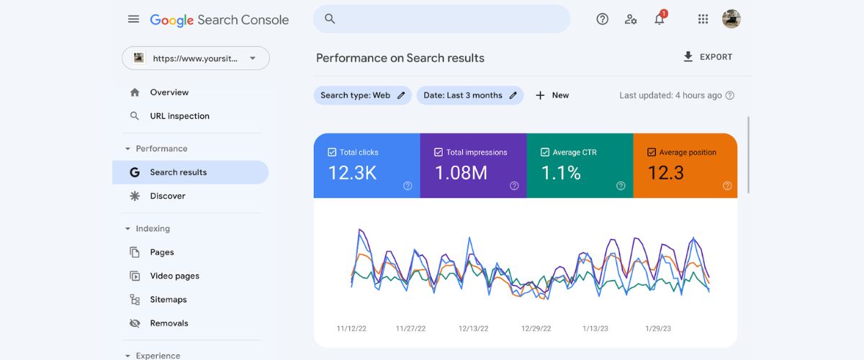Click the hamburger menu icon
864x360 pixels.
133,19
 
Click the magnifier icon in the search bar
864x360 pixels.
330,19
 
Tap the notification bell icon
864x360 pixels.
659,19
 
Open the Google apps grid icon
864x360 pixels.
703,19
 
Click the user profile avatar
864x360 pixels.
732,19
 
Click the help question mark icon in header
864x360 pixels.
603,19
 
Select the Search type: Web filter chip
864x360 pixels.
362,95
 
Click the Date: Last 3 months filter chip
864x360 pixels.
469,95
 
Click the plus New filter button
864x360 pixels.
552,95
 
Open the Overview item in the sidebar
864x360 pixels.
169,92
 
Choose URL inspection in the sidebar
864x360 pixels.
179,116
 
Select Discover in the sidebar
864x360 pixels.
167,196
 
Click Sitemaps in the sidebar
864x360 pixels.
168,300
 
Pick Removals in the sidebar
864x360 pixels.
168,323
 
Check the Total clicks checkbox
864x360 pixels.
332,153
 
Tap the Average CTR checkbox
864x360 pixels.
545,153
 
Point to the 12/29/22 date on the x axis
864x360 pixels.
536,328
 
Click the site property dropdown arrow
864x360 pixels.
253,58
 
